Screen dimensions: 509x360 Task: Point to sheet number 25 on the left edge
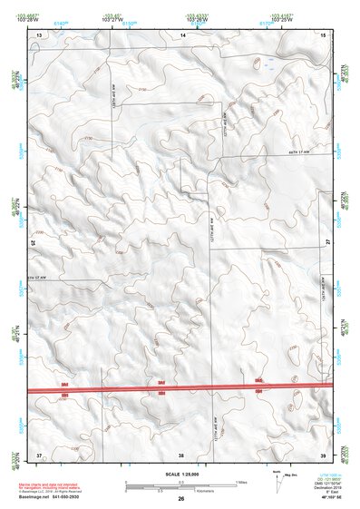(x=34, y=243)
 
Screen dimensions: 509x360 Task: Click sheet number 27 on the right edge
(x=328, y=243)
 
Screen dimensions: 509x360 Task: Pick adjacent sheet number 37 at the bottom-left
(x=39, y=453)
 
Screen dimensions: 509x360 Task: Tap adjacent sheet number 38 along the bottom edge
(x=181, y=453)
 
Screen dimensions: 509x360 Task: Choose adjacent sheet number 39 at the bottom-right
(x=324, y=453)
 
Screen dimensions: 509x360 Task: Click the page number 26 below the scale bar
(x=181, y=499)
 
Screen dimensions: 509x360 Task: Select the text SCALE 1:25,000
(x=181, y=475)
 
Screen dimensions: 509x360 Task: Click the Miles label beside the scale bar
(x=241, y=482)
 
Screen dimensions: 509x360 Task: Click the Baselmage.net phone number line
(x=67, y=498)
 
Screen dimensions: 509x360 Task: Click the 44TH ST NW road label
(x=300, y=152)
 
